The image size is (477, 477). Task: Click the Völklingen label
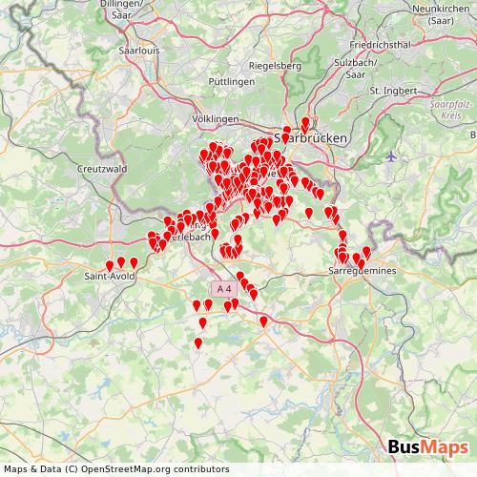pos(215,118)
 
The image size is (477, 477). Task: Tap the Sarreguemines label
pos(361,271)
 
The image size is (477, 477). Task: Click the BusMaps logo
pos(428,447)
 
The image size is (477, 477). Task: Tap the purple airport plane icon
pos(391,156)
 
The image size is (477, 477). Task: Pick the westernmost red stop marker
pos(110,267)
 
